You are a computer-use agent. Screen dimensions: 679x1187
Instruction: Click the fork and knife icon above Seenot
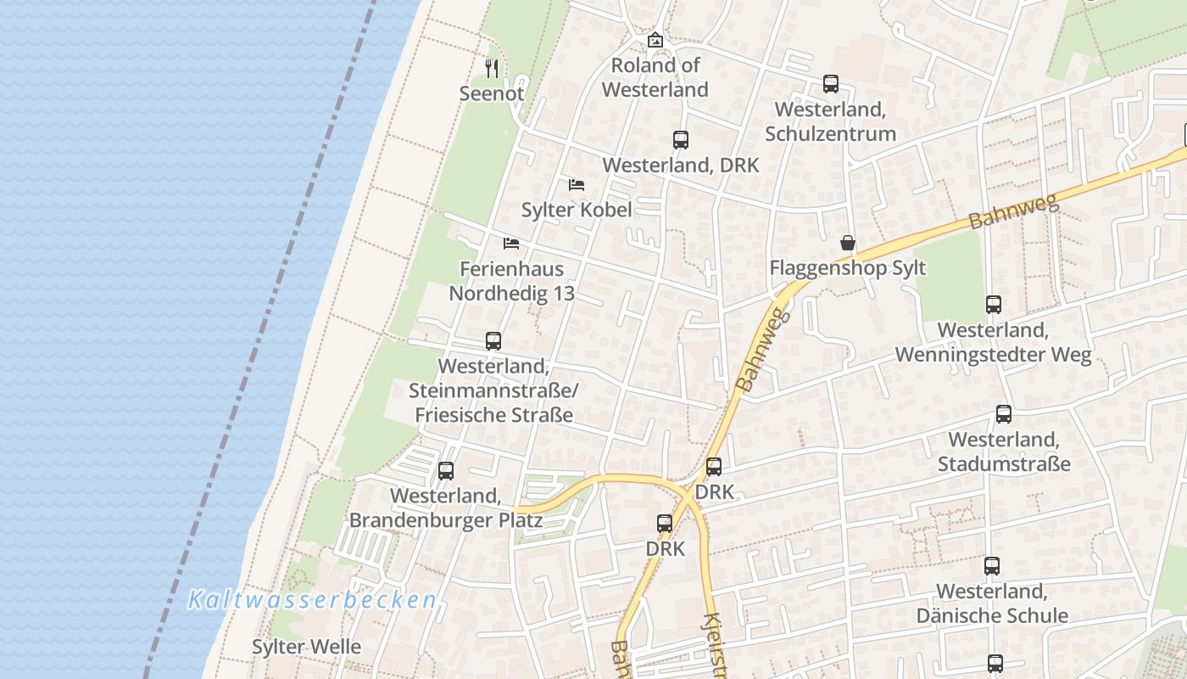[x=492, y=68]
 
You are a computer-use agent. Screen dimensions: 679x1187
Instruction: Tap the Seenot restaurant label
[x=492, y=93]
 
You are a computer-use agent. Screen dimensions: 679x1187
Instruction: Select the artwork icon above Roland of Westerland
[x=655, y=40]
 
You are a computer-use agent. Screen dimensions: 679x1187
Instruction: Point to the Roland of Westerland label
[x=655, y=77]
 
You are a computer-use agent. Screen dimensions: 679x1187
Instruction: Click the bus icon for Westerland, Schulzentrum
[x=831, y=84]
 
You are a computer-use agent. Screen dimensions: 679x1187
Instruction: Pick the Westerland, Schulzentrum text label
[x=831, y=121]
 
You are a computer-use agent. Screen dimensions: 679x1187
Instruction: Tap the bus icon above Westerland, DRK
[x=681, y=140]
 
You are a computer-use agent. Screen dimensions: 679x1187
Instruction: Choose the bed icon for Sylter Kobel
[x=577, y=184]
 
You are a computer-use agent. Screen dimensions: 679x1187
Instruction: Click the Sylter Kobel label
[x=577, y=210]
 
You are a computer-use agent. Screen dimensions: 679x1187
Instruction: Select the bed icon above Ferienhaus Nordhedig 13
[x=511, y=244]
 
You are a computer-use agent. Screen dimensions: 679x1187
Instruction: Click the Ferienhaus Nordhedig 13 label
[x=511, y=281]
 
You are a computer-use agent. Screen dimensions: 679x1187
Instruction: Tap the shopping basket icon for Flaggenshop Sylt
[x=848, y=244]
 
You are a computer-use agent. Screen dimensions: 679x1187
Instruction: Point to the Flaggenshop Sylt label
[x=848, y=269]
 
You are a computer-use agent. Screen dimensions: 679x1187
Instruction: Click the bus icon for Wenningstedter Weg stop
[x=994, y=305]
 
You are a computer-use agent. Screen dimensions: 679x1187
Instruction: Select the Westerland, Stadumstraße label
[x=1004, y=452]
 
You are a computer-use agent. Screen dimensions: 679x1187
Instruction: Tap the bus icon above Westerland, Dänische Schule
[x=992, y=566]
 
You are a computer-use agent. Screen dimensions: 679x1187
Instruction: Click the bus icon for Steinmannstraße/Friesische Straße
[x=493, y=341]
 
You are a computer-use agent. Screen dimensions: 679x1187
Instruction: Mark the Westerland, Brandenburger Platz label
[x=446, y=508]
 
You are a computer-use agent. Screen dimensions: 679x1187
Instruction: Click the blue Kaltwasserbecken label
[x=312, y=601]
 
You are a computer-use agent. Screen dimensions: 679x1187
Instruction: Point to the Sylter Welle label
[x=306, y=647]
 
